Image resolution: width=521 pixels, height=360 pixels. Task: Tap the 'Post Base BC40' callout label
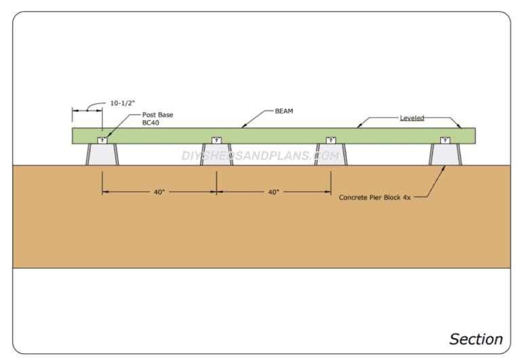click(157, 119)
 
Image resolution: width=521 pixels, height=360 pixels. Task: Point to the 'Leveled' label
click(412, 118)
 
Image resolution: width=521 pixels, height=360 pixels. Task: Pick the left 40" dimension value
click(159, 192)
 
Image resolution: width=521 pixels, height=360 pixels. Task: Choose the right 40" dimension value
click(273, 192)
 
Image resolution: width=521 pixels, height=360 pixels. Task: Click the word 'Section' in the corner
click(476, 339)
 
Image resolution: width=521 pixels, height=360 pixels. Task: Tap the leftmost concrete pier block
click(102, 155)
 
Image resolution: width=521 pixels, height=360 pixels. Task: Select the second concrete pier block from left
click(216, 155)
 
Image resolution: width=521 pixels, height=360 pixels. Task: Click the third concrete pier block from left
click(330, 155)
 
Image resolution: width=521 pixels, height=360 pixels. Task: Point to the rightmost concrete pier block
click(445, 155)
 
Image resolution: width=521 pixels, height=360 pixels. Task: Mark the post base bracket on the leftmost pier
click(102, 140)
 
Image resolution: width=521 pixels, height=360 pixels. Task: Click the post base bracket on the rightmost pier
click(445, 140)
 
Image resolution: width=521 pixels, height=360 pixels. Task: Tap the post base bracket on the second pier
click(216, 140)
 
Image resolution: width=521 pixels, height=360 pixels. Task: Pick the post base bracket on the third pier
click(330, 140)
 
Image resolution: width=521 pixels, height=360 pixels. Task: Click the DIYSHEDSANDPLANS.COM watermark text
click(260, 156)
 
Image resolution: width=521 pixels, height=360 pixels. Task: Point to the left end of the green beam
click(75, 136)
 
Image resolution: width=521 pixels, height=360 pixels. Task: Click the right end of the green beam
click(472, 136)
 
